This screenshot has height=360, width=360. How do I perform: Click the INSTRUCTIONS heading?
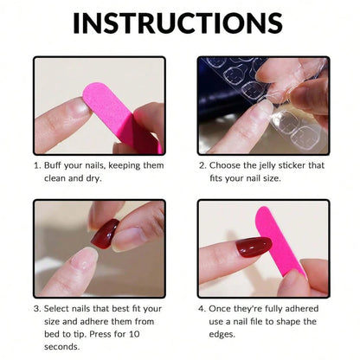click(180, 22)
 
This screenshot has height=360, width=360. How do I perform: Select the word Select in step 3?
click(59, 308)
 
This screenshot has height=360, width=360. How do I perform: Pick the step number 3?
click(35, 308)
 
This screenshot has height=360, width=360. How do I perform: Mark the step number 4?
click(201, 308)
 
